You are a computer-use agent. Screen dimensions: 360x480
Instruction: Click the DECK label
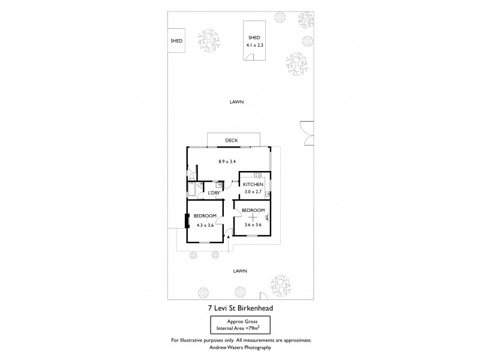232,141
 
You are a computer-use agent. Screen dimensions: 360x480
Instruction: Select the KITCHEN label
253,184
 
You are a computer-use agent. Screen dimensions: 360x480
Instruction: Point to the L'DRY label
214,193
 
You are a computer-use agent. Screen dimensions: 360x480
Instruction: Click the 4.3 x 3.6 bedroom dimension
205,225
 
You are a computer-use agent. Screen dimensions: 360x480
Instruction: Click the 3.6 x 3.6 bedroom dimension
253,225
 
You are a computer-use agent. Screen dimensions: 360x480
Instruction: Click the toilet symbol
190,175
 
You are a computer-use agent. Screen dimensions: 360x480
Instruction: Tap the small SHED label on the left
176,41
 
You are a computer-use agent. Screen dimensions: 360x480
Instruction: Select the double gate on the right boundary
307,131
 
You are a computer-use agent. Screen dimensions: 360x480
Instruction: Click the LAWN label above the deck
236,102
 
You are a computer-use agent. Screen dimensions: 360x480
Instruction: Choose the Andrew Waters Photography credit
240,347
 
